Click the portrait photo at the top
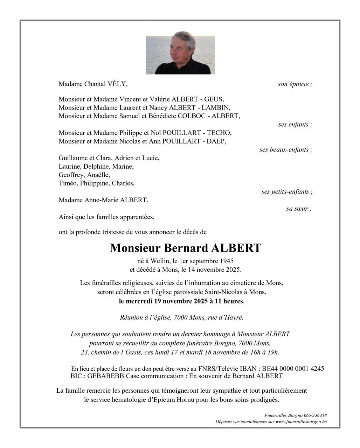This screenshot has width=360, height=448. click(180, 55)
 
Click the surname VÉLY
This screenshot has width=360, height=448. click(118, 84)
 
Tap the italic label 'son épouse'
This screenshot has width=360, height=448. click(293, 84)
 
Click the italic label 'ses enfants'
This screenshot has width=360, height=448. click(293, 125)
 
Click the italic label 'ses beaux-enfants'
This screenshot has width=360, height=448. click(284, 150)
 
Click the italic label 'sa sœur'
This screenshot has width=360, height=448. click(297, 209)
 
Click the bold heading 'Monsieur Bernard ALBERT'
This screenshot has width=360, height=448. click(186, 248)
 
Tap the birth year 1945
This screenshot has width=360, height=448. click(226, 261)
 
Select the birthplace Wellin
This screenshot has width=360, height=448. click(161, 261)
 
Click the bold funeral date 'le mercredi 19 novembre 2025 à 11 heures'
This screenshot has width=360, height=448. click(181, 301)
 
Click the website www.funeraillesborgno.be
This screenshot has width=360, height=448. click(301, 422)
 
